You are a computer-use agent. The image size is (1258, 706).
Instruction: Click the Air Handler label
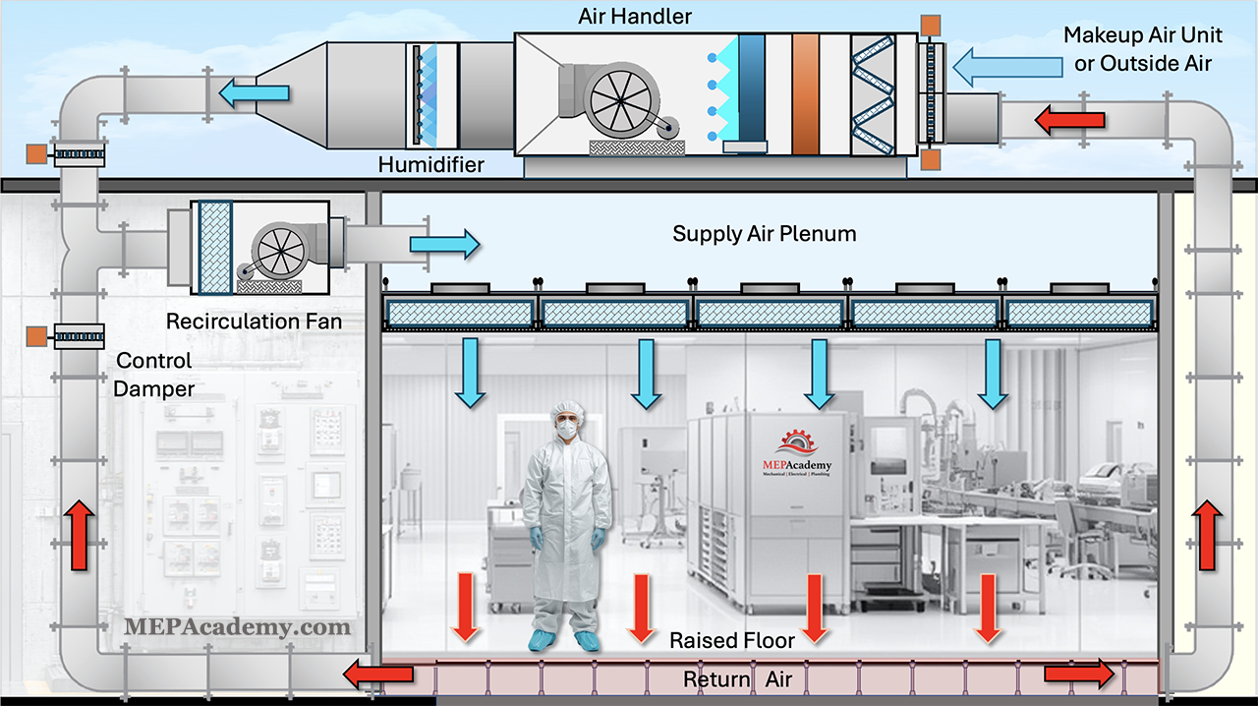point(635,17)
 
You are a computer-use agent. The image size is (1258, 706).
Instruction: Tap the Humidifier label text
point(430,164)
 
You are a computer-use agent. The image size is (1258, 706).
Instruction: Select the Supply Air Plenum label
point(765,234)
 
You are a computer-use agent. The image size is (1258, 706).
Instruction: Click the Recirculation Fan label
point(254,322)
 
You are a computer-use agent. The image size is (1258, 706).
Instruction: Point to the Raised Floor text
point(732,640)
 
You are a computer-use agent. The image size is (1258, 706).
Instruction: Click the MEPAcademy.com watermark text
point(237,627)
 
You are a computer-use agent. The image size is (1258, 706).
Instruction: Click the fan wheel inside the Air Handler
point(620,101)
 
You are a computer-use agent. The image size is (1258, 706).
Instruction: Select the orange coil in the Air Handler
point(805,93)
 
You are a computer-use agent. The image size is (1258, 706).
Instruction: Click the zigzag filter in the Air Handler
point(872,94)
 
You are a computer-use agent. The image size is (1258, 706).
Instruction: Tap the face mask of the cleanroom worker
point(567,430)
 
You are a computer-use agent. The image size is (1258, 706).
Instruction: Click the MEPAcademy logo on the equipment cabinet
point(796,453)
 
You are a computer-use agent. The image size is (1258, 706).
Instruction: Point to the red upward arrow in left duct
point(80,535)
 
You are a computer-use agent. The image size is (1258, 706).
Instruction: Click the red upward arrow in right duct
point(1207,535)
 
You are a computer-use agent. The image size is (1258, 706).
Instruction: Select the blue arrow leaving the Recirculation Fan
point(445,245)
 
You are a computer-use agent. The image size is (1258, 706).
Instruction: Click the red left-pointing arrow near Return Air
point(378,674)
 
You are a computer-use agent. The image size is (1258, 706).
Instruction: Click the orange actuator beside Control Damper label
point(36,336)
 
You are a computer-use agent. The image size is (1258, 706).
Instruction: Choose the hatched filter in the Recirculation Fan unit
point(214,248)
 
